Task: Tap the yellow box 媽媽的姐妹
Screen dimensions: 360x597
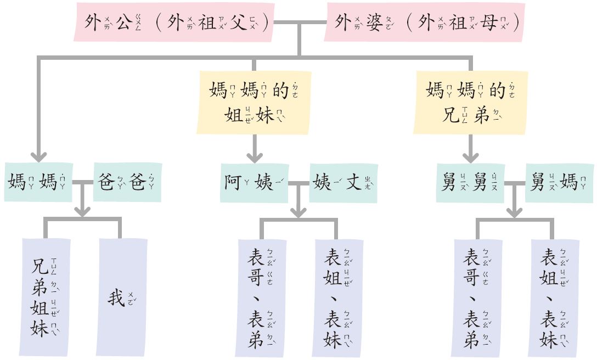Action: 252,103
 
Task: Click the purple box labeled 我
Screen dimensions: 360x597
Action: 122,297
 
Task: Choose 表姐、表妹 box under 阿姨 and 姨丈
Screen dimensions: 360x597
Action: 339,297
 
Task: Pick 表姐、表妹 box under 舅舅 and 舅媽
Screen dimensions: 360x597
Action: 555,297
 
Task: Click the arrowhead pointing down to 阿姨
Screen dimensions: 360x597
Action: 254,156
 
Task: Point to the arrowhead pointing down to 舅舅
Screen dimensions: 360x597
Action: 470,156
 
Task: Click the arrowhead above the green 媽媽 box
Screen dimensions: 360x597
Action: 38,156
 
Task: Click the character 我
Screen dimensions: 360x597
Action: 116,298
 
